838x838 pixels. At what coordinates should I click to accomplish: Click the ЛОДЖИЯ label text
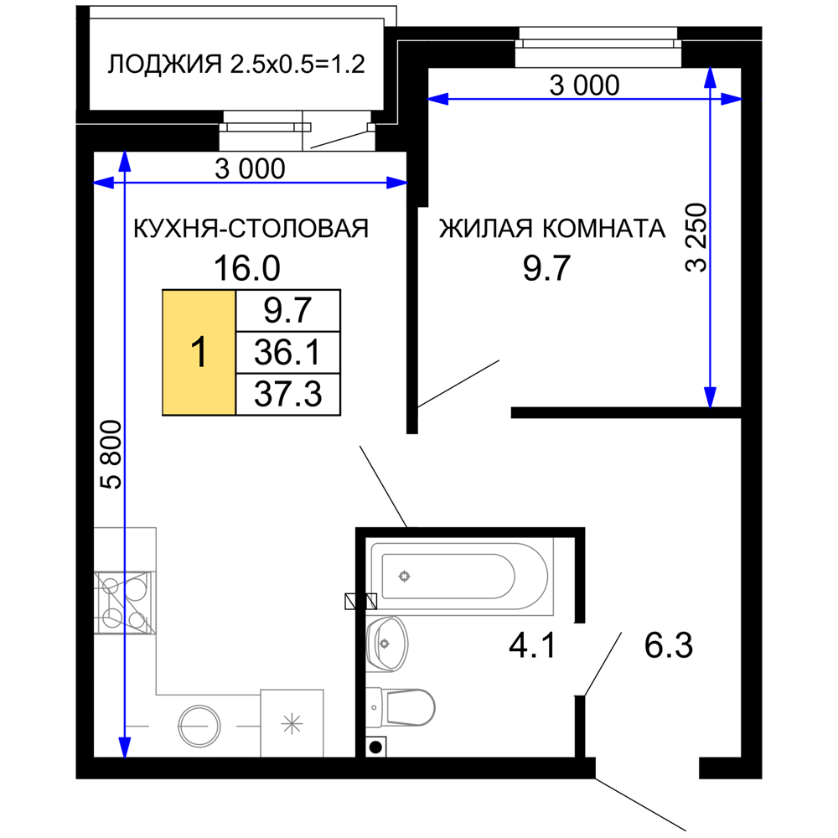[164, 65]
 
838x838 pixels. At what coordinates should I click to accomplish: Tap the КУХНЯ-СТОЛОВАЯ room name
[251, 228]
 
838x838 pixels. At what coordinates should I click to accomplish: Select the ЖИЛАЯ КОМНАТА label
[552, 228]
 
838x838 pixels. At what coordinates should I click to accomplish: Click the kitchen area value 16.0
[247, 268]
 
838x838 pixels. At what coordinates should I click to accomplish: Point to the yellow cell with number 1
[199, 352]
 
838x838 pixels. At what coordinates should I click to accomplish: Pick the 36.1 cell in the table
[288, 352]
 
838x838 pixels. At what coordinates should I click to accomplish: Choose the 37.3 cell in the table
[288, 394]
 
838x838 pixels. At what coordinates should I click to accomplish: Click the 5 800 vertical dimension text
[112, 455]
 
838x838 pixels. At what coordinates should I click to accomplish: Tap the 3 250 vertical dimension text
[696, 238]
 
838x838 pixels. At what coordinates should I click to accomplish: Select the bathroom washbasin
[387, 644]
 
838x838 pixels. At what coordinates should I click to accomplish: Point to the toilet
[401, 707]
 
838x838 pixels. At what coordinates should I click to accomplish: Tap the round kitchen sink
[199, 726]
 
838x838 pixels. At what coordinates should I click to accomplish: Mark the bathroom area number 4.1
[532, 645]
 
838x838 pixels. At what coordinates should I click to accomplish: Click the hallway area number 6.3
[669, 645]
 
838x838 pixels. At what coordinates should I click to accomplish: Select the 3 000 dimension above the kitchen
[250, 168]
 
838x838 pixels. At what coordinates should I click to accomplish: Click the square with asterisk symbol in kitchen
[292, 724]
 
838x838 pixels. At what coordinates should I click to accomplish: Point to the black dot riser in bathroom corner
[375, 747]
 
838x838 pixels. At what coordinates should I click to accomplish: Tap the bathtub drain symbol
[405, 577]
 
